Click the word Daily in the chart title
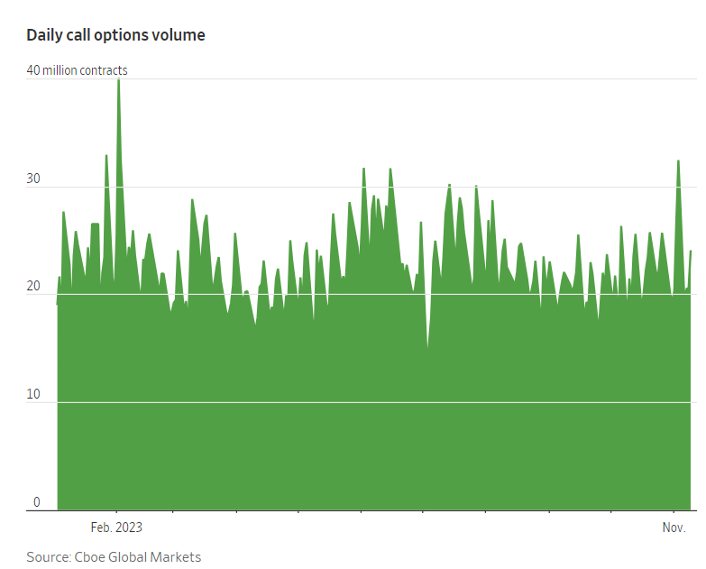pyautogui.click(x=45, y=35)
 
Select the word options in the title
pyautogui.click(x=125, y=35)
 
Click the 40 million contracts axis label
pyautogui.click(x=77, y=70)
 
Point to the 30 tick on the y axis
pyautogui.click(x=34, y=179)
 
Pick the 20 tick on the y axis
pyautogui.click(x=34, y=287)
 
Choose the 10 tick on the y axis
pyautogui.click(x=34, y=395)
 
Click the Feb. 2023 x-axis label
pyautogui.click(x=116, y=528)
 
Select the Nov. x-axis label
pyautogui.click(x=674, y=528)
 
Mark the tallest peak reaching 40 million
pyautogui.click(x=118, y=81)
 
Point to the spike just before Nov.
pyautogui.click(x=678, y=162)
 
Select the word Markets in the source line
pyautogui.click(x=177, y=556)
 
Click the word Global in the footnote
pyautogui.click(x=130, y=556)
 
